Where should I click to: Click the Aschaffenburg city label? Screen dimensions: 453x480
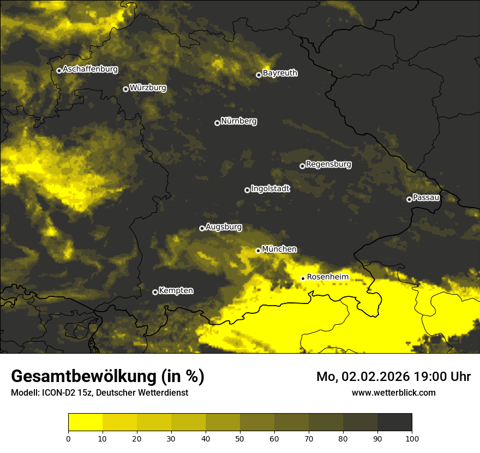90,69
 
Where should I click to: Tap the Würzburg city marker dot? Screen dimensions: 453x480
125,89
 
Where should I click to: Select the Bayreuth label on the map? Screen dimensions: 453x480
280,73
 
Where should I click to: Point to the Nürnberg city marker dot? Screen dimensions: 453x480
217,123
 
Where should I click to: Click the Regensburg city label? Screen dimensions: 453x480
328,164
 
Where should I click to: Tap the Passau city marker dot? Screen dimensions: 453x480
409,199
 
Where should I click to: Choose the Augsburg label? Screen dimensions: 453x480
224,227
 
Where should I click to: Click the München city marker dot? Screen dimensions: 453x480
258,251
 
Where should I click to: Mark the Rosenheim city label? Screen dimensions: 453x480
327,277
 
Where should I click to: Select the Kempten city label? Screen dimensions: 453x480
176,291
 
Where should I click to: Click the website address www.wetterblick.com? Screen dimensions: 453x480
393,392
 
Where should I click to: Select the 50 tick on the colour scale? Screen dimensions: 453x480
240,438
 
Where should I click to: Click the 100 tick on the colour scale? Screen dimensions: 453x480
411,438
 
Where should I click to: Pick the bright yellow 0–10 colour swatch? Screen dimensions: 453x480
85,422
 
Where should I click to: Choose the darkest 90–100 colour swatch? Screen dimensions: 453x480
394,422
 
